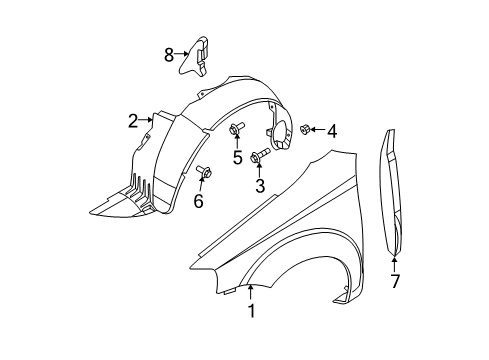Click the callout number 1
point(252,311)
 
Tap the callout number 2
point(133,121)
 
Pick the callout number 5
point(238,156)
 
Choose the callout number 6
point(198,201)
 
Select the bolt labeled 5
point(237,129)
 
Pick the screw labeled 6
point(202,173)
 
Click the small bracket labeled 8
point(201,53)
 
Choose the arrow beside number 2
point(146,121)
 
